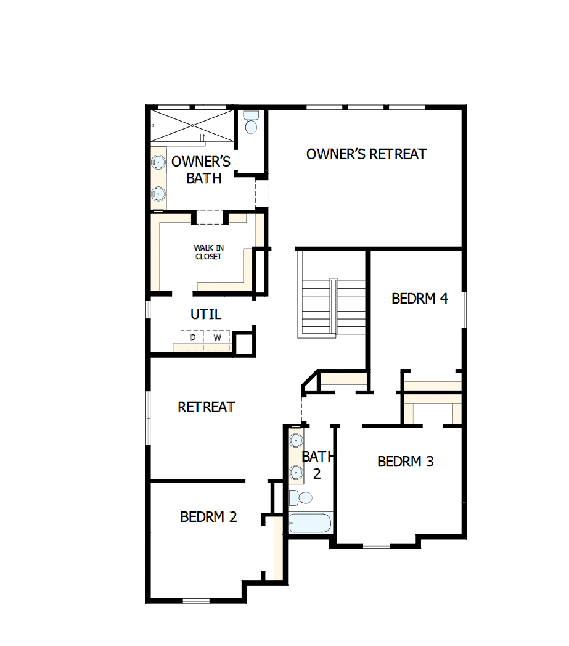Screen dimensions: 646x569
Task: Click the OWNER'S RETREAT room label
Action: tap(366, 154)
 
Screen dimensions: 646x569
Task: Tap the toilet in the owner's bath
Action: tap(251, 124)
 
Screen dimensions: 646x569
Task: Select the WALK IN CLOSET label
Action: tap(208, 252)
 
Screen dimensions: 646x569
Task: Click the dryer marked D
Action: tap(192, 339)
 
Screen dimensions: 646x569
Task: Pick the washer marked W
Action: tap(217, 339)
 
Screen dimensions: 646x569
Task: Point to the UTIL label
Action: tap(206, 314)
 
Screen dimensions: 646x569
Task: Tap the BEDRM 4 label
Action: tap(419, 299)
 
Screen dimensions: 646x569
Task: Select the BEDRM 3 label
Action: tap(406, 462)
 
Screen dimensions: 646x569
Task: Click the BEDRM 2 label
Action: tap(208, 517)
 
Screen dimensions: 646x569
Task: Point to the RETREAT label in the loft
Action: tap(206, 407)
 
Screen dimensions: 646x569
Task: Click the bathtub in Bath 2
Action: tap(311, 523)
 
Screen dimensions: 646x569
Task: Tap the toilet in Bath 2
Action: tap(301, 497)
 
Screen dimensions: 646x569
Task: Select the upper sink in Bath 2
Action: tap(297, 441)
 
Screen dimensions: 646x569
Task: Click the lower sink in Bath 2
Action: tap(297, 473)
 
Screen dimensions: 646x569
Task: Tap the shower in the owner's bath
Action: tap(192, 126)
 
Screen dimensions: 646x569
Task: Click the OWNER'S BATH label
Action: tap(202, 170)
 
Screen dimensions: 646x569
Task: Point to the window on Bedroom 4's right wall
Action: tap(464, 309)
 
